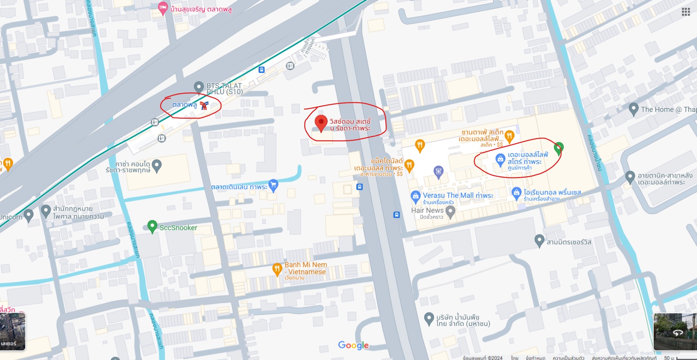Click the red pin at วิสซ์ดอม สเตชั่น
tap(321, 123)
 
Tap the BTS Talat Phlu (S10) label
tap(224, 89)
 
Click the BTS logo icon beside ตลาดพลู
tap(204, 105)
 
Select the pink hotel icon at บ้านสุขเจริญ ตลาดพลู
tap(162, 8)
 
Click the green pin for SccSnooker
tap(152, 227)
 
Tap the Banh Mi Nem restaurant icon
tap(277, 269)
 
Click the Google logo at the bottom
tap(353, 345)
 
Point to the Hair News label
tap(427, 210)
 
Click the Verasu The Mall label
tap(458, 195)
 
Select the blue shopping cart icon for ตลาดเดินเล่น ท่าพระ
tap(273, 185)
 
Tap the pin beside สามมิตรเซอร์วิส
tap(539, 241)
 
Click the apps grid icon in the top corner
tap(686, 12)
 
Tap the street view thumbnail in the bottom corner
tap(674, 331)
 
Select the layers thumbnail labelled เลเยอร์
tap(13, 331)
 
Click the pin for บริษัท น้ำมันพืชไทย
tap(429, 318)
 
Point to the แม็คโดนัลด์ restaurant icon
tap(409, 165)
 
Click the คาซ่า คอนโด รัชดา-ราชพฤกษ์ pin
tap(157, 166)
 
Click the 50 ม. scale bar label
tap(669, 358)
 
